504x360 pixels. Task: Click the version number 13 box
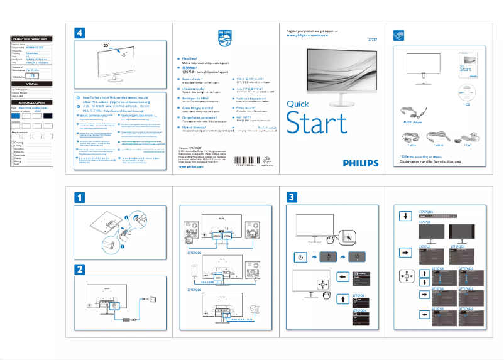pos(35,75)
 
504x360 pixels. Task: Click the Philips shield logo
pos(224,40)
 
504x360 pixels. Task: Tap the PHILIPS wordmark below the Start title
pos(361,162)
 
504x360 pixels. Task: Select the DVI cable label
pos(468,145)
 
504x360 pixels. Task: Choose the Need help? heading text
pos(190,58)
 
